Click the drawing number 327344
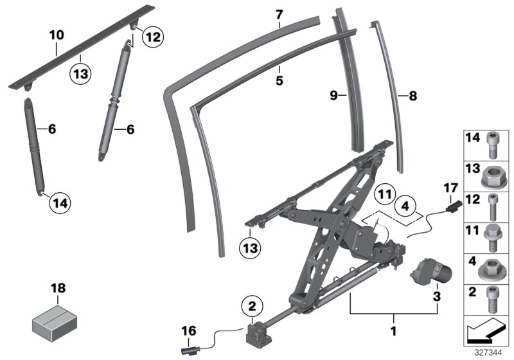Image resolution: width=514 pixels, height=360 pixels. pos(489,353)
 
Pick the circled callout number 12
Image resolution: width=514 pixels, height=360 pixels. pos(152,37)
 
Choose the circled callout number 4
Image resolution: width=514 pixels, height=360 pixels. pos(405,207)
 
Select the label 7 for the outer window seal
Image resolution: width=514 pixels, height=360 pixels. pos(279,14)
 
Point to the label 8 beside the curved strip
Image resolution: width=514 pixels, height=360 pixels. pos(412,96)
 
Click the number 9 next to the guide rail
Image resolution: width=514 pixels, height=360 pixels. pos(334,96)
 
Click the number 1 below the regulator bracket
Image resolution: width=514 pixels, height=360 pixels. pos(393,333)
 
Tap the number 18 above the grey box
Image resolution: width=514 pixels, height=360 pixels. pos(58,290)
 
